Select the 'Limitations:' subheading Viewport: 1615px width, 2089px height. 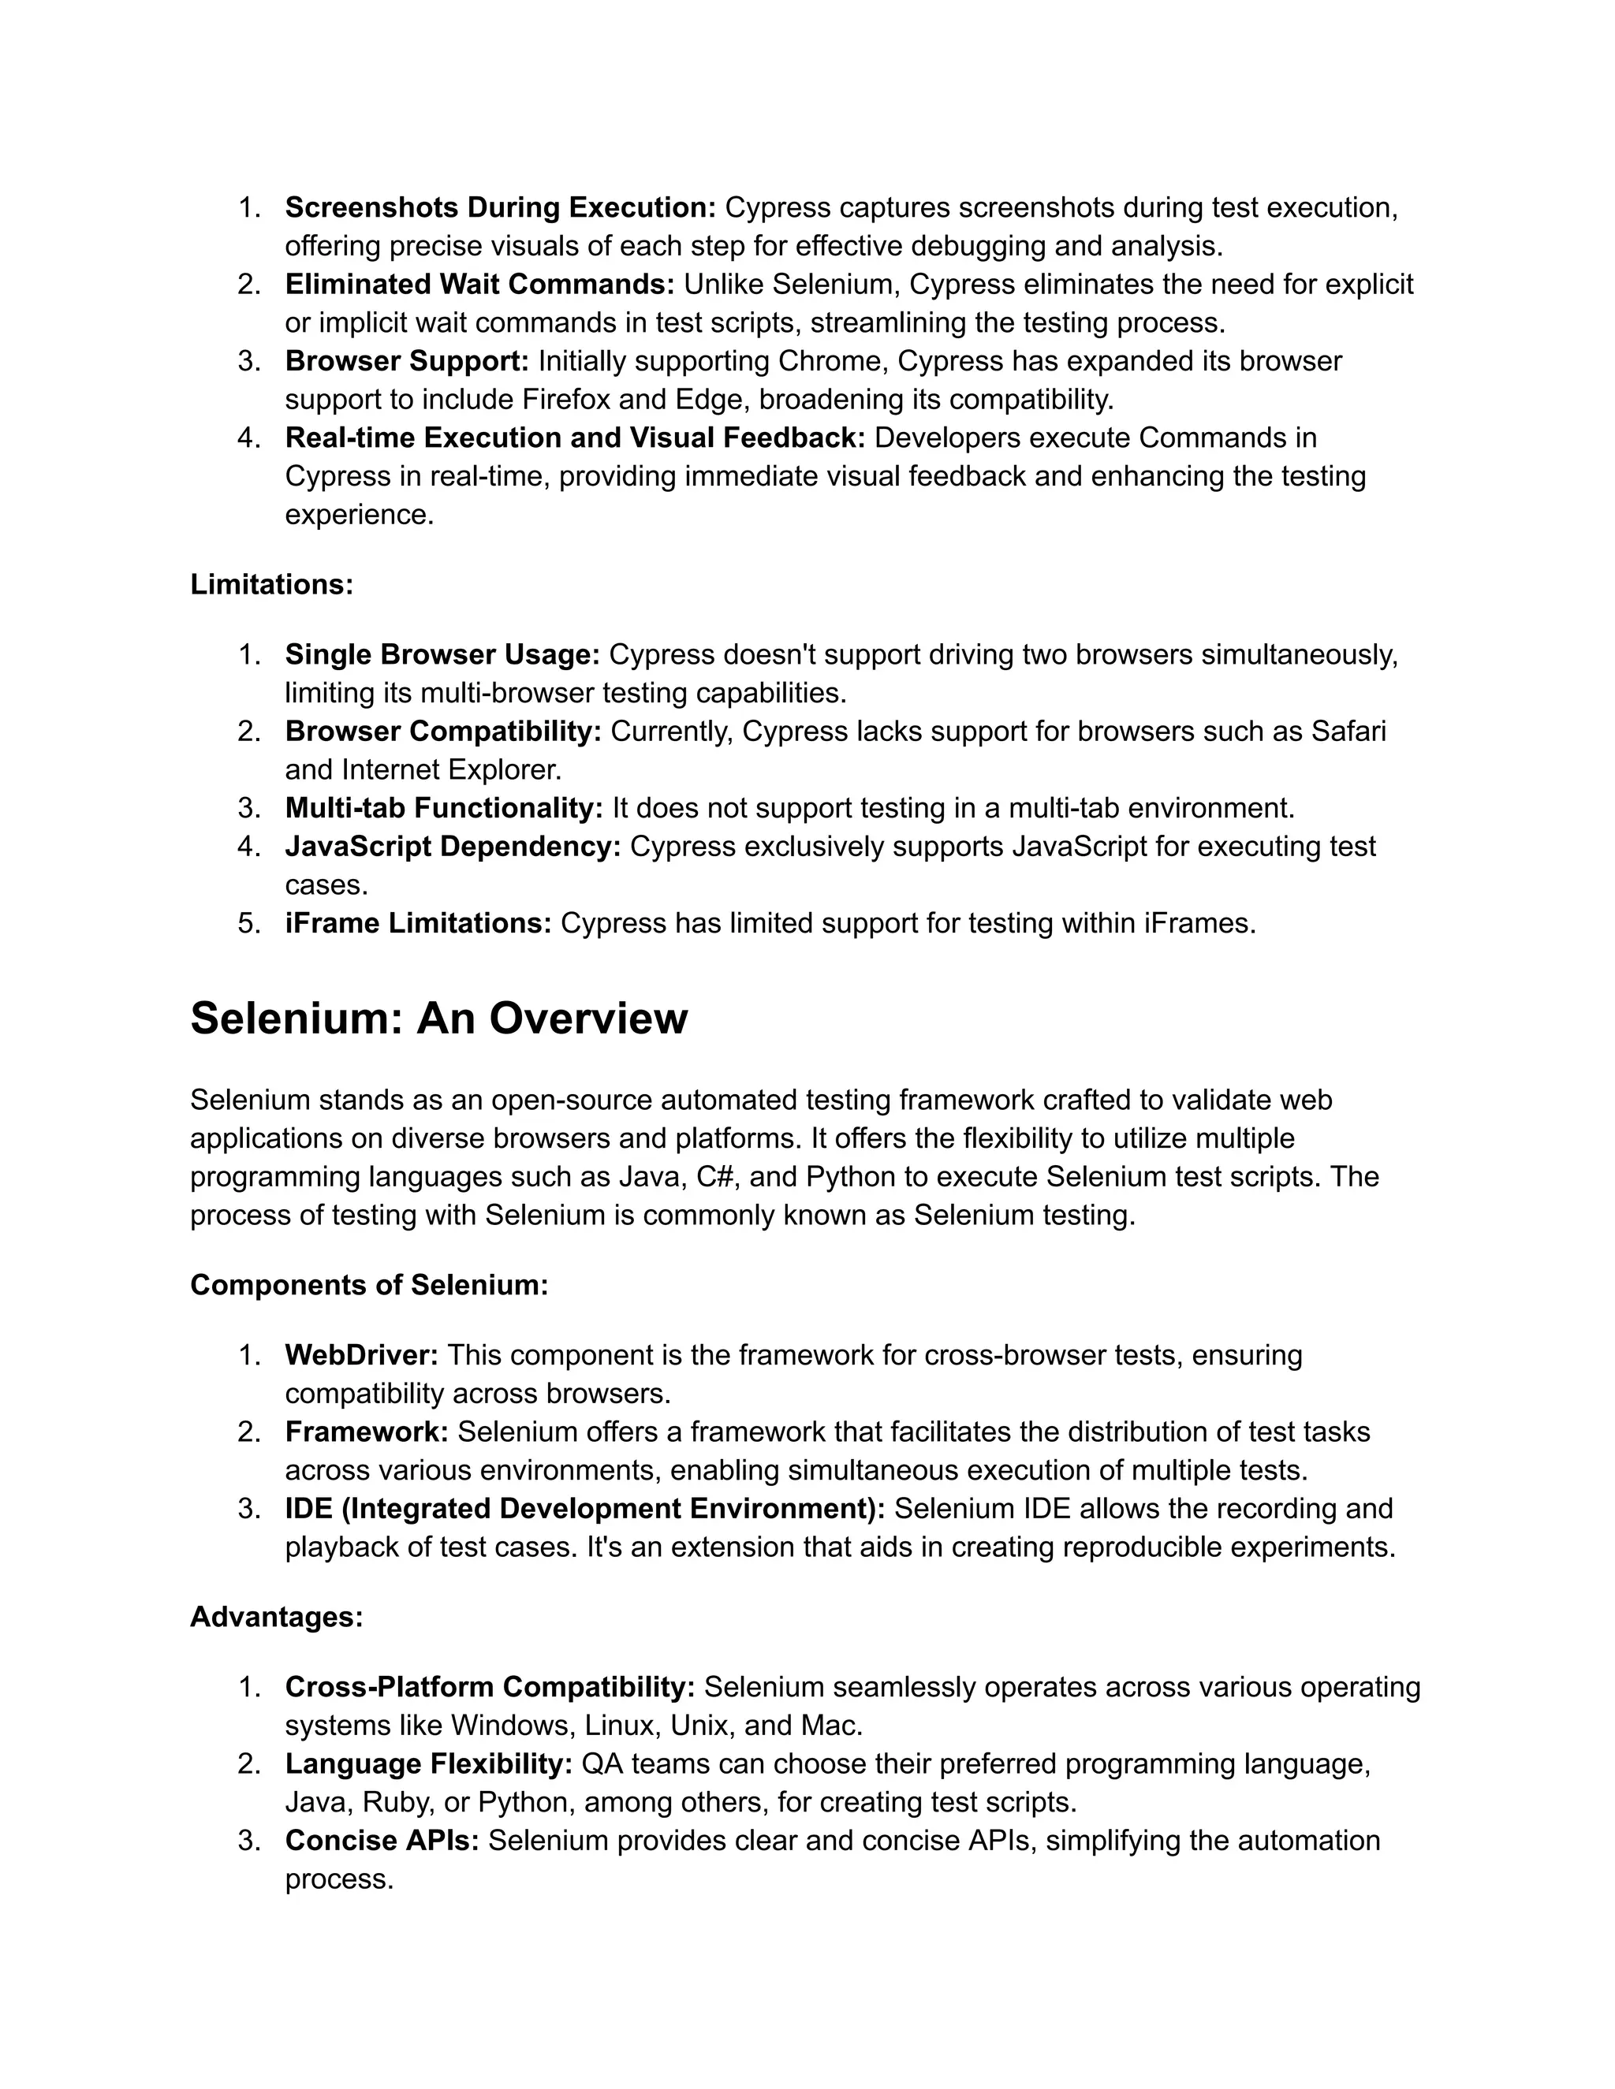click(272, 584)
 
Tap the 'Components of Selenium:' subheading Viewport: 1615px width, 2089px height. click(369, 1285)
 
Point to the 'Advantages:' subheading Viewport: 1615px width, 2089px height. click(277, 1617)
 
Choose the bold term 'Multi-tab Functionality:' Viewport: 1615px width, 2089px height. click(444, 808)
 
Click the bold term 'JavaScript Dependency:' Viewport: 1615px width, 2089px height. click(453, 847)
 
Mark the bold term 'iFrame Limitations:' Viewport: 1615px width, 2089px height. click(418, 923)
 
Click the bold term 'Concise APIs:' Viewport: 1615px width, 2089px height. click(382, 1841)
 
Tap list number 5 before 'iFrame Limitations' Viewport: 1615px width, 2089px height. click(248, 923)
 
